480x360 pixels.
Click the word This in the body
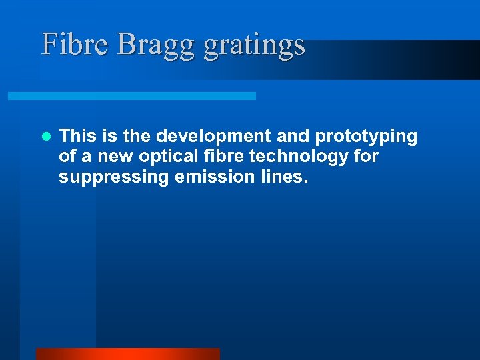click(78, 137)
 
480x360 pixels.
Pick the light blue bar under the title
click(131, 96)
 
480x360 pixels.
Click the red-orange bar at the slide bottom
click(127, 354)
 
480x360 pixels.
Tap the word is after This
click(109, 137)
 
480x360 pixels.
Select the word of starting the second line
click(67, 157)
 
